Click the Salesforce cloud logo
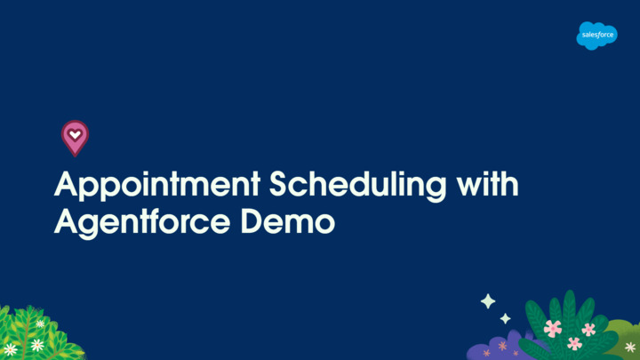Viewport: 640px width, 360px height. point(596,36)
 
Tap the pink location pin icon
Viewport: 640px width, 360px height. point(75,137)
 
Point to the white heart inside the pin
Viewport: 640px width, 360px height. point(75,134)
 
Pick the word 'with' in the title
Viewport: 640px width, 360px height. point(486,186)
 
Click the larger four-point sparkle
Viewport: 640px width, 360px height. point(488,301)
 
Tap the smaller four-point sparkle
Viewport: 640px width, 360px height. point(505,318)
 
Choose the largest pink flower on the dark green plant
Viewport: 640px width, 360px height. point(553,328)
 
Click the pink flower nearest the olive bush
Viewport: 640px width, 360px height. point(588,330)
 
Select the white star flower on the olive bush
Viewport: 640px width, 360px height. point(630,347)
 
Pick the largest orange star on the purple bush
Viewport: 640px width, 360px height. point(502,345)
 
